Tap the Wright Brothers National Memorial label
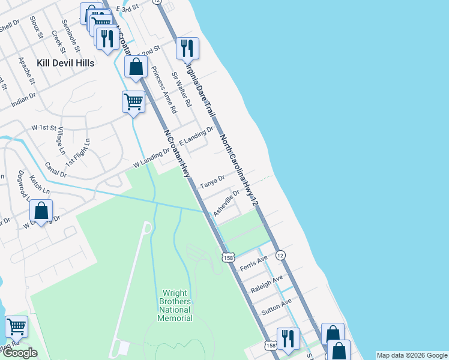(175, 305)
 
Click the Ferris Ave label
(253, 262)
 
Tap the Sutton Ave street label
(276, 306)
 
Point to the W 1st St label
(43, 128)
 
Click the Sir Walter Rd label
(181, 89)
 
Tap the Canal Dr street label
(56, 170)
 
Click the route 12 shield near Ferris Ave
(280, 256)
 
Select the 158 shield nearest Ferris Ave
(228, 257)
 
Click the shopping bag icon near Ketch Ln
(41, 211)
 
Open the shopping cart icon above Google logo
(16, 327)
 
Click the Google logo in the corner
(20, 353)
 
